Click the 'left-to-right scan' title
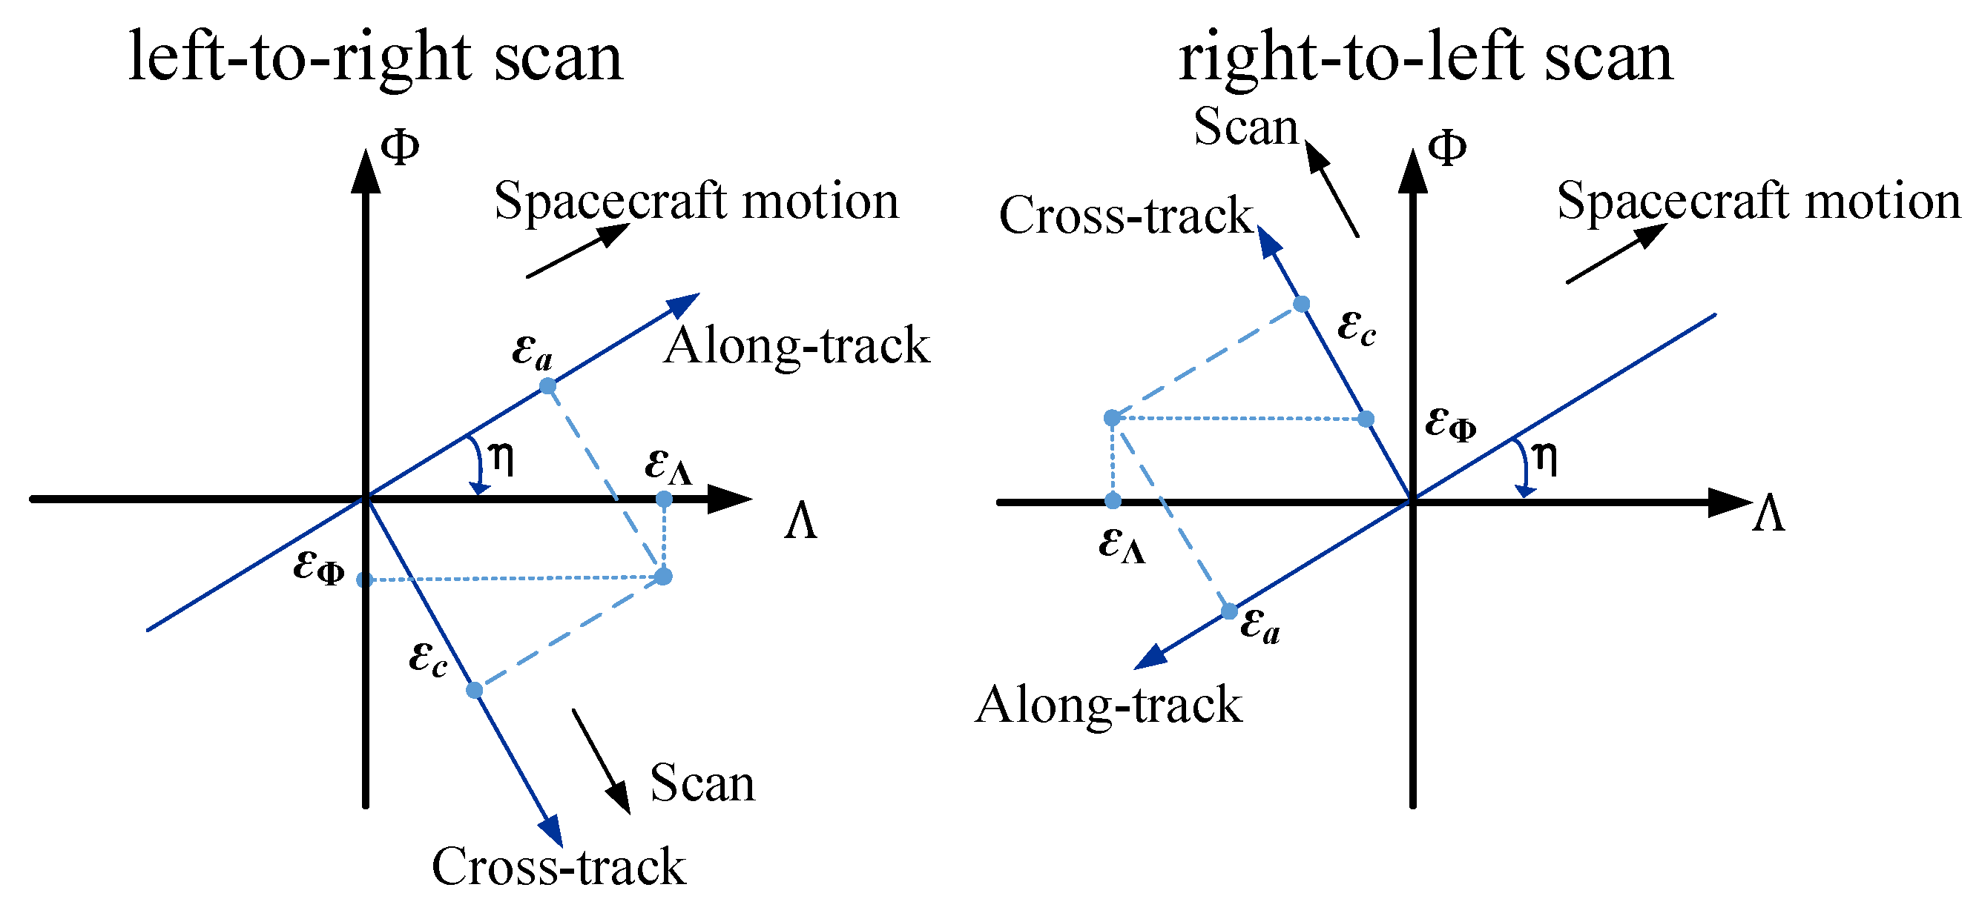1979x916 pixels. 375,58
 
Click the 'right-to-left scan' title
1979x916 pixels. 1426,58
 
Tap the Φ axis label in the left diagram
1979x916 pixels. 401,147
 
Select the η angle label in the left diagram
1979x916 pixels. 501,459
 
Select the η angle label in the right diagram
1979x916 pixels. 1545,459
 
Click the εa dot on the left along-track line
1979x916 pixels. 547,385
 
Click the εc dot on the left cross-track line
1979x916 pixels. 475,690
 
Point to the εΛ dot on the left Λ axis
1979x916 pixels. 664,500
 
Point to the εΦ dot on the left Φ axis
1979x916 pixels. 365,580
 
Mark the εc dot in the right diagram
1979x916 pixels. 1301,304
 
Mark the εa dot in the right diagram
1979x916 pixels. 1229,611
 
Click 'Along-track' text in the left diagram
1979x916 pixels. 797,345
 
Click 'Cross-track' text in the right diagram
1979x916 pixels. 1126,215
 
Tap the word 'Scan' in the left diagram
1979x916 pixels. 703,784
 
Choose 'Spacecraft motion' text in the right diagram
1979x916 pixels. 1759,201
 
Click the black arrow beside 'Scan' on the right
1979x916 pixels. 1332,189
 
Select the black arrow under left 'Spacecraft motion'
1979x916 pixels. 579,250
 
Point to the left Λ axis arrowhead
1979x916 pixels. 730,499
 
